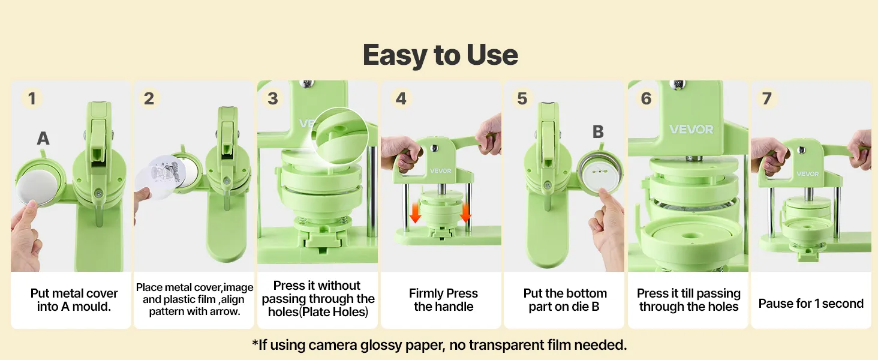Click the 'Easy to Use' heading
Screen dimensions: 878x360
(440, 55)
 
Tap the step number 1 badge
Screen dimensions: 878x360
(32, 98)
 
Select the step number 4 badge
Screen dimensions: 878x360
(401, 98)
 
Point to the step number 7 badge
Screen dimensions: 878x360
(767, 98)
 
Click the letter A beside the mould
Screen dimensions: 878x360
(43, 138)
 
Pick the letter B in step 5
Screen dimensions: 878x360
(598, 132)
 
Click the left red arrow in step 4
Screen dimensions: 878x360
(415, 213)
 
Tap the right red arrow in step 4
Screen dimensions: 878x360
(465, 213)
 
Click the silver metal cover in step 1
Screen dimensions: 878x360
(37, 187)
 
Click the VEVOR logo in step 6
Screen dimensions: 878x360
(691, 129)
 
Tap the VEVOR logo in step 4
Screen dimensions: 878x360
(441, 170)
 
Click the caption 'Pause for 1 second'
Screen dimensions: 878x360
(811, 304)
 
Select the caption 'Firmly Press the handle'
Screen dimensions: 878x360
(443, 300)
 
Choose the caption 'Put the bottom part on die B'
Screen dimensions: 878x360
(565, 300)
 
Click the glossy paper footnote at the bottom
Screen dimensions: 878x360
(440, 345)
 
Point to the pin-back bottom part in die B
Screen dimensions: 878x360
(599, 173)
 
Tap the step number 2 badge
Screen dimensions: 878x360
(149, 98)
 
